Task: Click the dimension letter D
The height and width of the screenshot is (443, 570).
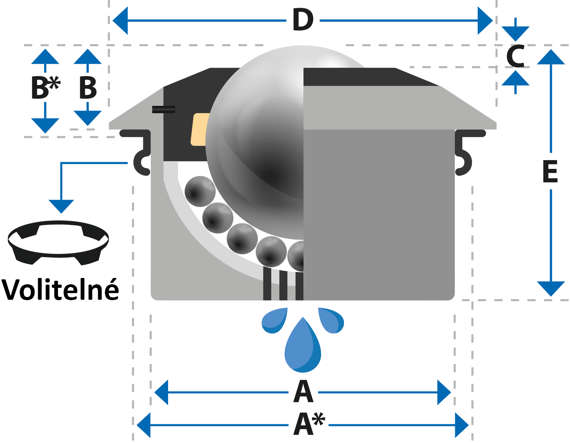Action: [303, 20]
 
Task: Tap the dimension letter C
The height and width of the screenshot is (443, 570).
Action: [515, 56]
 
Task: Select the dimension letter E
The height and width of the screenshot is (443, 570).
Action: [550, 171]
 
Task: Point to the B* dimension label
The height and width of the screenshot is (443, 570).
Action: [46, 88]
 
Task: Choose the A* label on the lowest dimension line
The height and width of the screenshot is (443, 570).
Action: [309, 424]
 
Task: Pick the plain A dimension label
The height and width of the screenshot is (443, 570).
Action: [303, 392]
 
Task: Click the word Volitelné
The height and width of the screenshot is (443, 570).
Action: [60, 289]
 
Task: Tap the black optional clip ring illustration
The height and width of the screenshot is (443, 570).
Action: [58, 242]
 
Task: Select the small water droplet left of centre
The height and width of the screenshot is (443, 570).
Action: [275, 321]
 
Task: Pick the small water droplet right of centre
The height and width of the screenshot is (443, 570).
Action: [331, 321]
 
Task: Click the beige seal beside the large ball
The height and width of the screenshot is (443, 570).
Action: [200, 129]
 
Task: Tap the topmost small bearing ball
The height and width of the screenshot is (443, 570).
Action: [200, 192]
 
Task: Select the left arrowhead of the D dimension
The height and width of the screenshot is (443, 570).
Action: [120, 20]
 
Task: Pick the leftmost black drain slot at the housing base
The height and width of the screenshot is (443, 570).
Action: [267, 284]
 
